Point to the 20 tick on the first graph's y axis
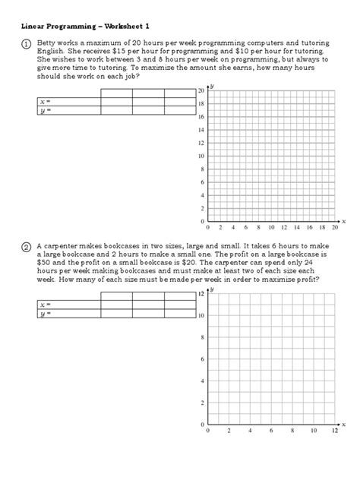click(201, 91)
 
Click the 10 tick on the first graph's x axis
click(271, 227)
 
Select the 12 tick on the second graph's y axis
click(201, 293)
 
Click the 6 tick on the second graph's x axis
click(271, 431)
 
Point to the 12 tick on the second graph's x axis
click(335, 431)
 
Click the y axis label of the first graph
click(212, 86)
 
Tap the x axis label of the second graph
click(344, 423)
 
